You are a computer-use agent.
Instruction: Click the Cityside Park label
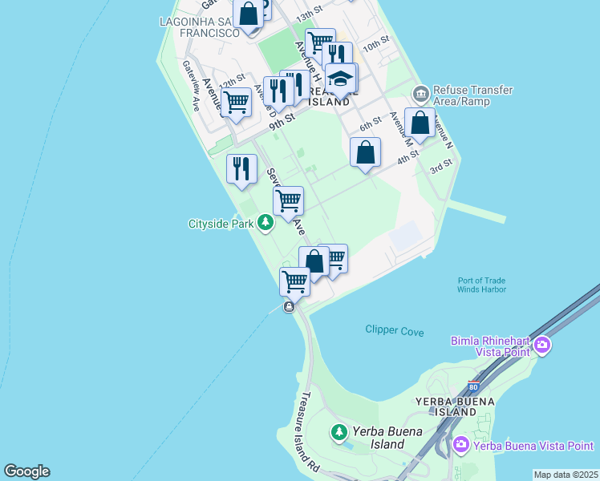point(221,224)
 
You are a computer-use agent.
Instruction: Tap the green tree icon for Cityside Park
point(266,224)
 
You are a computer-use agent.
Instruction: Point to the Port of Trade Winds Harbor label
point(481,285)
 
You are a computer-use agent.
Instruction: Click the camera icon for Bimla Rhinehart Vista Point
point(542,345)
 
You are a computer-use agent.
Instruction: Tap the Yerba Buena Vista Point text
point(533,445)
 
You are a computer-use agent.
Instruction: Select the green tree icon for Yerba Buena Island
point(339,433)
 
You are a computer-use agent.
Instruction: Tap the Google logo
point(26,471)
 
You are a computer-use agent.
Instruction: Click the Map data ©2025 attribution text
point(566,475)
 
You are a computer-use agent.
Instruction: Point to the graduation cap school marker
point(341,79)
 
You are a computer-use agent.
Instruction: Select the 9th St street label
point(282,121)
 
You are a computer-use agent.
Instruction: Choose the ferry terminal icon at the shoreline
point(289,307)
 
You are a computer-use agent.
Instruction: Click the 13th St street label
point(308,16)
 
